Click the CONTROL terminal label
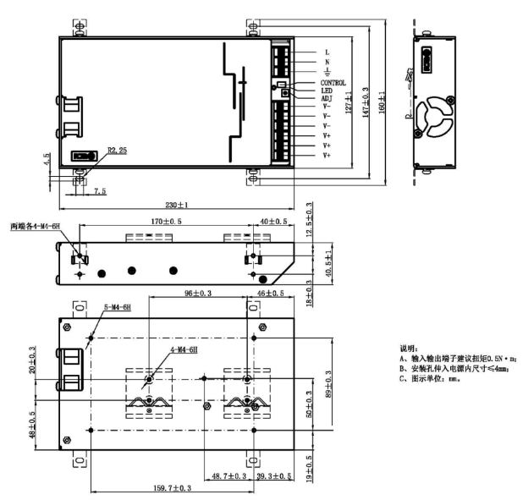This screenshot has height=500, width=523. (333, 83)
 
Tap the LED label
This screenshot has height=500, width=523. (327, 91)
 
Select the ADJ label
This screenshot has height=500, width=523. (327, 98)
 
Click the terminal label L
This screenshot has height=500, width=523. (328, 52)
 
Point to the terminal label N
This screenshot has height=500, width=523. (328, 62)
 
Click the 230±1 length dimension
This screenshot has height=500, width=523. (177, 205)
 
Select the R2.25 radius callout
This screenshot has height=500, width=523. (118, 151)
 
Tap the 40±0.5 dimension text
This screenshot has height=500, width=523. (273, 222)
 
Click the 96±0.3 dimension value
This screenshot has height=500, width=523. (198, 294)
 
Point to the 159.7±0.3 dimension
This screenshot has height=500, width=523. (172, 488)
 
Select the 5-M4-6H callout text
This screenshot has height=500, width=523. (118, 307)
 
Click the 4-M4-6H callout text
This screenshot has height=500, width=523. (184, 350)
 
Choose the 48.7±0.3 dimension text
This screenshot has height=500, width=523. (229, 476)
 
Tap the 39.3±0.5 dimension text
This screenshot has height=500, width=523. (274, 476)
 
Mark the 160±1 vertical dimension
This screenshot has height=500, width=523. (382, 102)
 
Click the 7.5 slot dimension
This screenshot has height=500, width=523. (100, 191)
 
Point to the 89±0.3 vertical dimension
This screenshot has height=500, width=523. (328, 384)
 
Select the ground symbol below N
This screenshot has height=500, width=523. (328, 71)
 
